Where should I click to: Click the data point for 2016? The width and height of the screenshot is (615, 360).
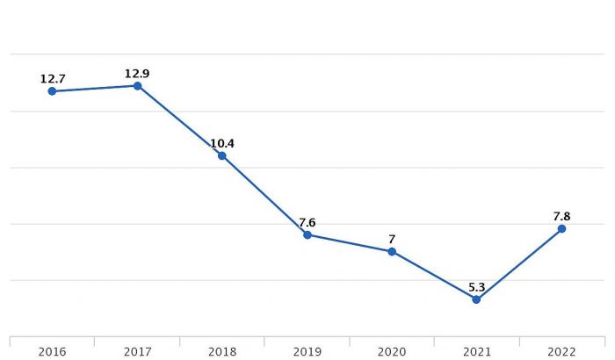pyautogui.click(x=52, y=91)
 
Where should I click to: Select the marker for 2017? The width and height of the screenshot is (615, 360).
pyautogui.click(x=137, y=86)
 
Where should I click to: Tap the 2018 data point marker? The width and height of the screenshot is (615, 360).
pyautogui.click(x=222, y=155)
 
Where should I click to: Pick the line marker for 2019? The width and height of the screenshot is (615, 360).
pyautogui.click(x=307, y=234)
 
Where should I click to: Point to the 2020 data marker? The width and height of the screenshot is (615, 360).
pyautogui.click(x=392, y=251)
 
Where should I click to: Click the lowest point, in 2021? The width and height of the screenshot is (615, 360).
pyautogui.click(x=476, y=299)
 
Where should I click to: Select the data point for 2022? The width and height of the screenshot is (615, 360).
pyautogui.click(x=561, y=228)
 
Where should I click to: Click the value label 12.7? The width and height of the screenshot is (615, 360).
pyautogui.click(x=53, y=79)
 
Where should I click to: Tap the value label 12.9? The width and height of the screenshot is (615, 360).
pyautogui.click(x=137, y=74)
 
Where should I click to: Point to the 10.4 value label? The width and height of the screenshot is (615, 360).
pyautogui.click(x=222, y=143)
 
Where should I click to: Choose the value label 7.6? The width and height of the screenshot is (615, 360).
pyautogui.click(x=307, y=222)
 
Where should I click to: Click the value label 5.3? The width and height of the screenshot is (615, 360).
pyautogui.click(x=476, y=287)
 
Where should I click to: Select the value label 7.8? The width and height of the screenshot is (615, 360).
pyautogui.click(x=561, y=216)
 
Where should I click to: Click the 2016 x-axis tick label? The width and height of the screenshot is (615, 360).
pyautogui.click(x=52, y=351)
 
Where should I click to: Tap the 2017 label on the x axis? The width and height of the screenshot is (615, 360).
pyautogui.click(x=137, y=351)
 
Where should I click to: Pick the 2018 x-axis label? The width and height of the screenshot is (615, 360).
pyautogui.click(x=222, y=351)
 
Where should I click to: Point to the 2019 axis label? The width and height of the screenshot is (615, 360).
pyautogui.click(x=307, y=351)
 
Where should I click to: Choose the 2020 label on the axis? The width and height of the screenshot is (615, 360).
pyautogui.click(x=392, y=351)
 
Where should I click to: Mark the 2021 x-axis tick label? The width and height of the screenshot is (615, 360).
pyautogui.click(x=476, y=351)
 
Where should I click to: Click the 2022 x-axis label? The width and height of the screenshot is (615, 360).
pyautogui.click(x=561, y=351)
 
